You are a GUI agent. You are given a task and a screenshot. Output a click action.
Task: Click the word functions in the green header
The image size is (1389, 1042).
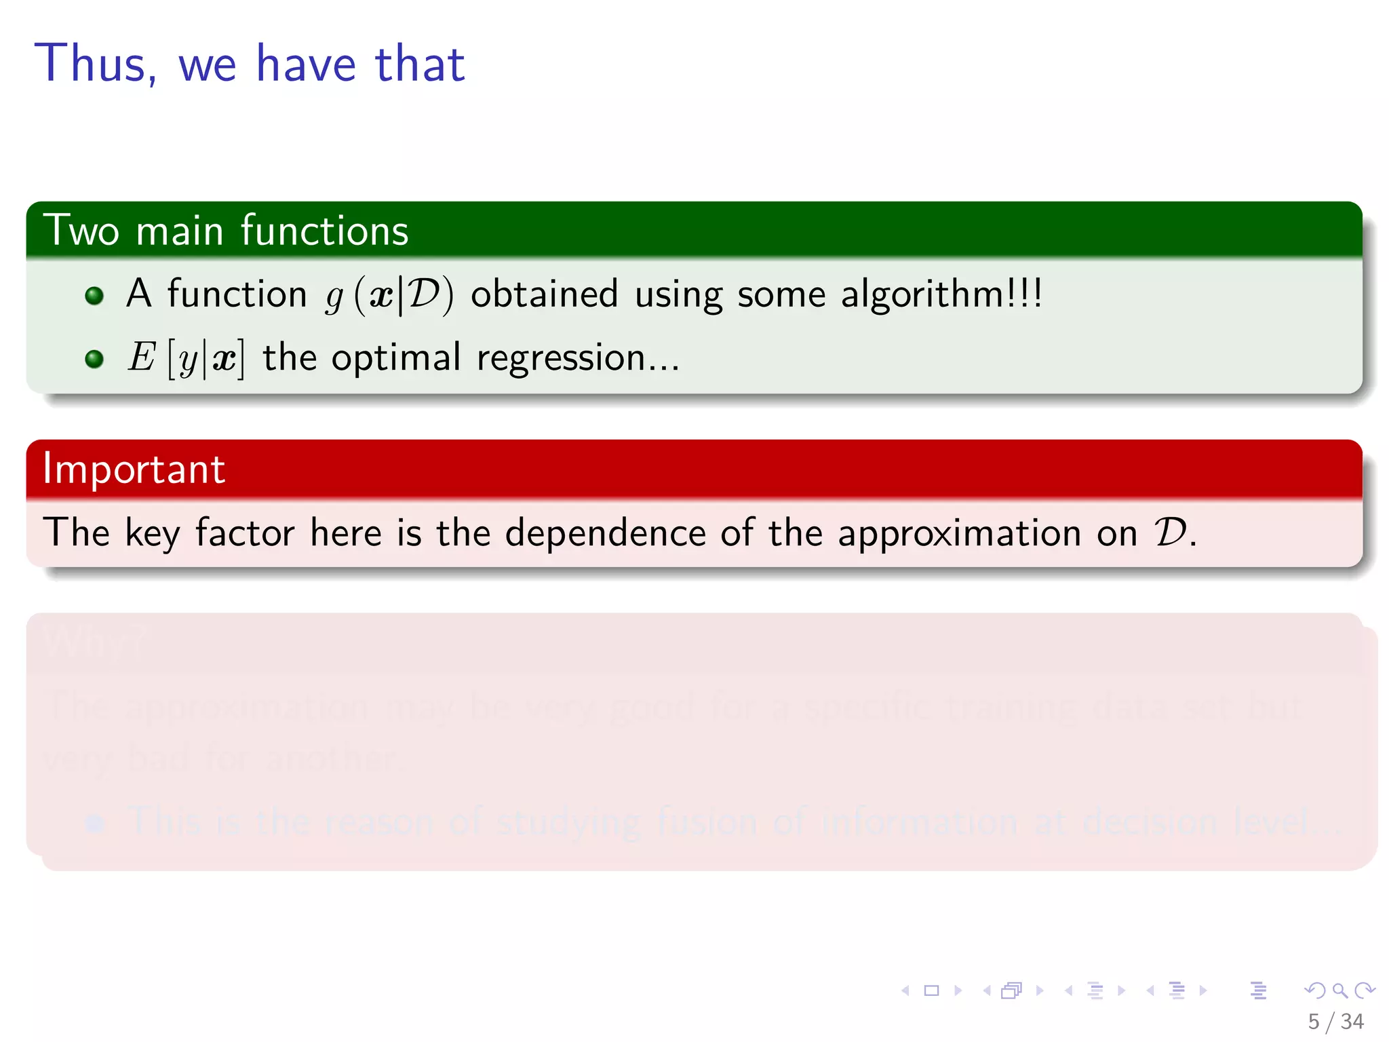324,231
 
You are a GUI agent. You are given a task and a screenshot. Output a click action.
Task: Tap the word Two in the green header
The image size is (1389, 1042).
81,231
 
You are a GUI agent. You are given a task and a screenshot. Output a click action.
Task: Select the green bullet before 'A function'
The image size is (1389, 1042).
94,295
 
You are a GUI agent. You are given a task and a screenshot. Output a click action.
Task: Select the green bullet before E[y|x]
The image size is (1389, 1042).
94,358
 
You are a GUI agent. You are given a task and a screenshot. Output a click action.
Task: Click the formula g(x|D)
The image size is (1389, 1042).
389,296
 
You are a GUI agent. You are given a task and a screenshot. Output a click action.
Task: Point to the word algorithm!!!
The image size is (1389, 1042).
941,294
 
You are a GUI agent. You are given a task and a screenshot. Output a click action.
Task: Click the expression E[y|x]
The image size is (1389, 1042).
186,358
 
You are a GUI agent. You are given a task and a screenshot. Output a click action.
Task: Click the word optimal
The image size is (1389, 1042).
396,358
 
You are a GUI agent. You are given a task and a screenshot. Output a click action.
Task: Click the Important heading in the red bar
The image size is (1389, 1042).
134,469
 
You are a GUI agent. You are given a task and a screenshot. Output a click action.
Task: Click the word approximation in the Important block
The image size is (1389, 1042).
959,533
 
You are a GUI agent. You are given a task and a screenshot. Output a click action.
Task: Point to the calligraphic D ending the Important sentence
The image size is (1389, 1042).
1171,533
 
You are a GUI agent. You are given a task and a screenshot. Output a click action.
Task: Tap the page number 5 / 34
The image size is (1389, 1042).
1335,1021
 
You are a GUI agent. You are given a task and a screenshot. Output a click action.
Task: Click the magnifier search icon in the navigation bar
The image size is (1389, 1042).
1339,990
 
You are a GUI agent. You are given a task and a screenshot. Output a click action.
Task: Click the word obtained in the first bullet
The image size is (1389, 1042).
544,294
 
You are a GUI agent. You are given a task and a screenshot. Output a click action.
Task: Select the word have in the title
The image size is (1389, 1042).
306,64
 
